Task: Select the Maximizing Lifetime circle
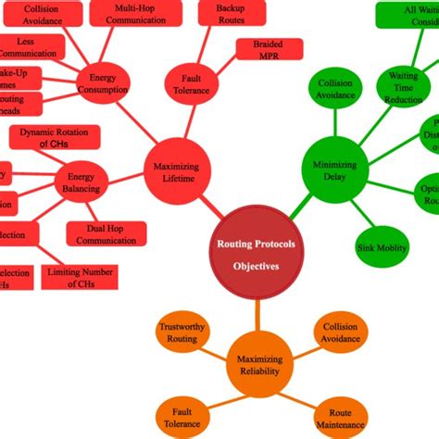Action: pyautogui.click(x=176, y=173)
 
